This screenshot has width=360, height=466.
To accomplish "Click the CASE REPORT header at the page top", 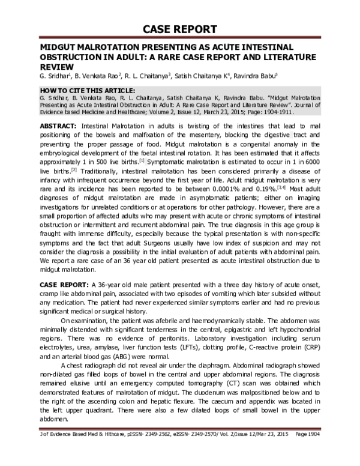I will (x=179, y=29).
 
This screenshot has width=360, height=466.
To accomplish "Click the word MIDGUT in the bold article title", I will (x=56, y=47).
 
